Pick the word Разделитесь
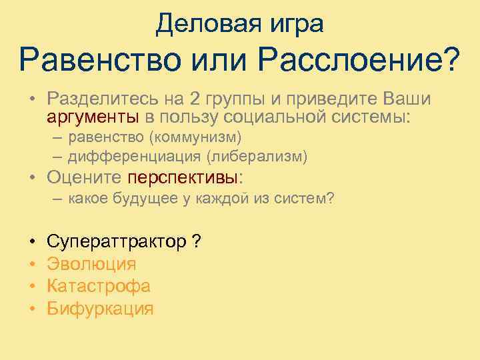(x=97, y=100)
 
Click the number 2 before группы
(x=194, y=99)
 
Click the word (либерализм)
(x=257, y=157)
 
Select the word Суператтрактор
(x=117, y=241)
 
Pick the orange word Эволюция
(x=91, y=264)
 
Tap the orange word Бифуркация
(x=100, y=309)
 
